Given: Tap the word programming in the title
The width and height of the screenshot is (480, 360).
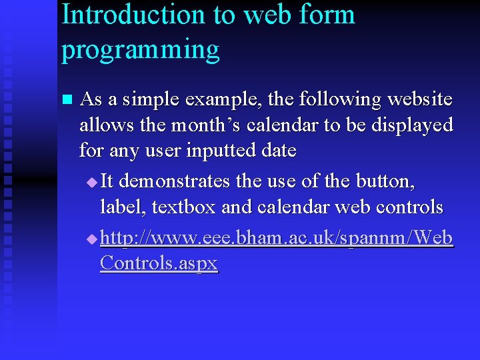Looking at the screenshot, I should click(140, 51).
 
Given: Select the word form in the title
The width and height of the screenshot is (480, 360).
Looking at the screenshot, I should click(326, 15).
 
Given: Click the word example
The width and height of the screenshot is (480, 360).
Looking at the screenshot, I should click(227, 101).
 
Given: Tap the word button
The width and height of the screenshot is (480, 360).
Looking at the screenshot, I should click(393, 181).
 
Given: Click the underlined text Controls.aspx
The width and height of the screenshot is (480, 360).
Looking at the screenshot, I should click(159, 263).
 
